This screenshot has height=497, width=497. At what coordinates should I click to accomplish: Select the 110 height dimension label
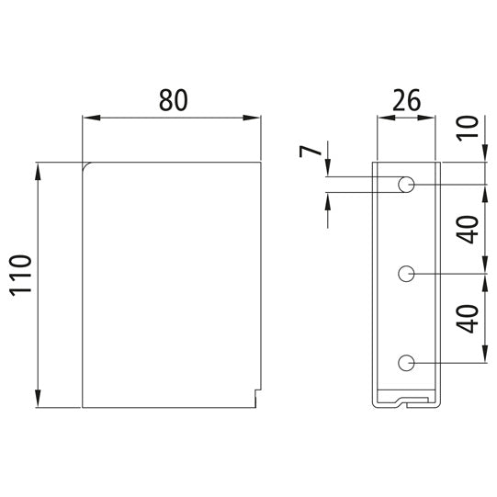20,286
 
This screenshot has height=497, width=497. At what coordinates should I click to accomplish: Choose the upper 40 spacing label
468,230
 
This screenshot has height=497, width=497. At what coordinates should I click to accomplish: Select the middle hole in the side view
406,274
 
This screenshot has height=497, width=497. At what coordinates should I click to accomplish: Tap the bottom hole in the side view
406,364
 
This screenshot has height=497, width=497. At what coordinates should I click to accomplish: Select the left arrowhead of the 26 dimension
378,118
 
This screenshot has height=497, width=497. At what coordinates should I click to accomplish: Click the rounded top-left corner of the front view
86,166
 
